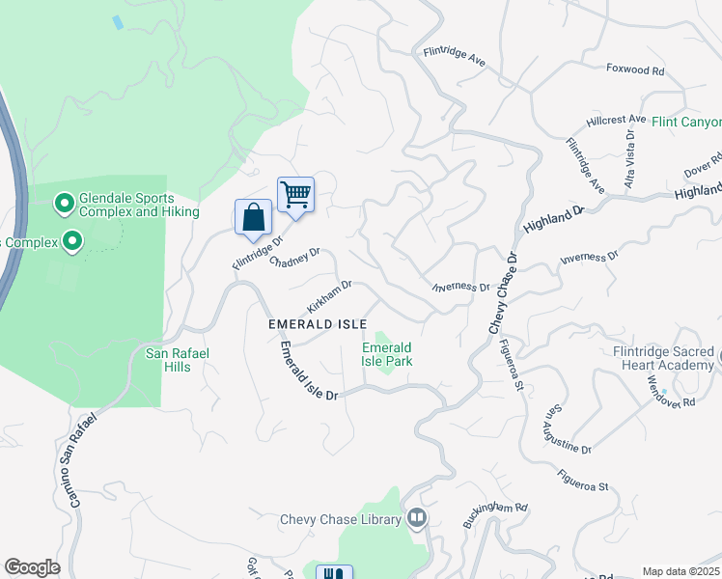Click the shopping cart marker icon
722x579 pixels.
[295, 195]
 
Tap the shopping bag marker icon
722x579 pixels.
[253, 216]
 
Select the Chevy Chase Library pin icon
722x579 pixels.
[417, 519]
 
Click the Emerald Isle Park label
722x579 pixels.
[386, 354]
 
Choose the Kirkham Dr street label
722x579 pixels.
[329, 296]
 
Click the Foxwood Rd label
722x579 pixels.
[635, 70]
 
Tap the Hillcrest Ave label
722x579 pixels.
[615, 121]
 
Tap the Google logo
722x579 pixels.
[32, 567]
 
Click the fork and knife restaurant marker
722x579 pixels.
[334, 574]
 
